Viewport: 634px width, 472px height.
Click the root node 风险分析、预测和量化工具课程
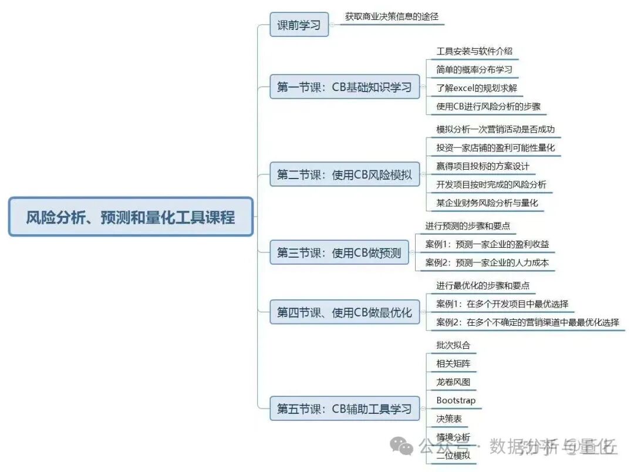click(x=130, y=217)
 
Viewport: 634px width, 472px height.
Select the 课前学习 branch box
click(x=299, y=25)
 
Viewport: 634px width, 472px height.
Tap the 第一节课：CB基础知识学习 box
click(x=344, y=87)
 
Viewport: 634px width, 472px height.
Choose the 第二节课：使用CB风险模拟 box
click(x=344, y=174)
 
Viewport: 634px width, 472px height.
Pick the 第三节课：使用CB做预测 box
click(x=339, y=252)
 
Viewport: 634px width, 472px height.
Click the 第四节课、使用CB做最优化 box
click(x=344, y=312)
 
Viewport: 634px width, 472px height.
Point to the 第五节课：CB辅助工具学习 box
click(x=344, y=409)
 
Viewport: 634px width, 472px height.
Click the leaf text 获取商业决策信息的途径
click(x=392, y=17)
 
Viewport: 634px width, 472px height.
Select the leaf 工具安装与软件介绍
click(x=474, y=51)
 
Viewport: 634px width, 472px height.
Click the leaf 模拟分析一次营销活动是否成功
click(x=495, y=129)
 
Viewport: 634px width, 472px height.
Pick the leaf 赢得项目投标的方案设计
click(x=483, y=166)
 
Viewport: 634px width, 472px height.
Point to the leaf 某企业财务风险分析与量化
click(x=487, y=203)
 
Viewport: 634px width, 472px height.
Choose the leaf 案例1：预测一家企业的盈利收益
click(x=487, y=244)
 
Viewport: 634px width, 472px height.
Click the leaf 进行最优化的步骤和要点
click(x=483, y=285)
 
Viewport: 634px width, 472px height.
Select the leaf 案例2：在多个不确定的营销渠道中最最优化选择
click(x=527, y=322)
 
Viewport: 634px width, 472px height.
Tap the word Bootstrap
click(x=456, y=400)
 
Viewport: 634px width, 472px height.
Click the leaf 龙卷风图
click(x=453, y=382)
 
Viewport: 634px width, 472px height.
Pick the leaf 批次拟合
click(x=453, y=345)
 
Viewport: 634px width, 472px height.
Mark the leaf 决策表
click(x=448, y=419)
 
